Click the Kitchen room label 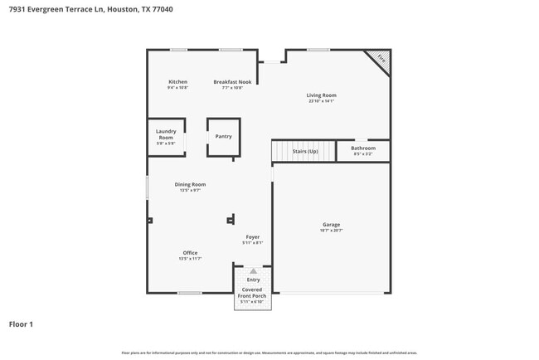177,82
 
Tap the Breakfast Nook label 232,82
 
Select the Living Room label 322,95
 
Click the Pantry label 223,136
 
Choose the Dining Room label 190,184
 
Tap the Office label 190,253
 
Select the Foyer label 252,237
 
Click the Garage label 331,225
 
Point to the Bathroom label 363,148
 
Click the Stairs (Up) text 305,151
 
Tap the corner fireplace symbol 380,59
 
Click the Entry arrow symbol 253,271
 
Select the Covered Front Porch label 252,293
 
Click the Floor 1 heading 21,324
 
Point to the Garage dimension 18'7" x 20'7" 331,231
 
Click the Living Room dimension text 322,101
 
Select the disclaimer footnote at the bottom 269,353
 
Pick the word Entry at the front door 253,280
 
